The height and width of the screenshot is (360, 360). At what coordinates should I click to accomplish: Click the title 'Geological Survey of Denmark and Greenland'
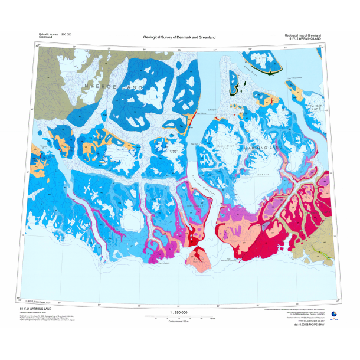click(x=179, y=38)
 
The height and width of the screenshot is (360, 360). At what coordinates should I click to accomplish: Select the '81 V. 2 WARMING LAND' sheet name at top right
click(x=305, y=38)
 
